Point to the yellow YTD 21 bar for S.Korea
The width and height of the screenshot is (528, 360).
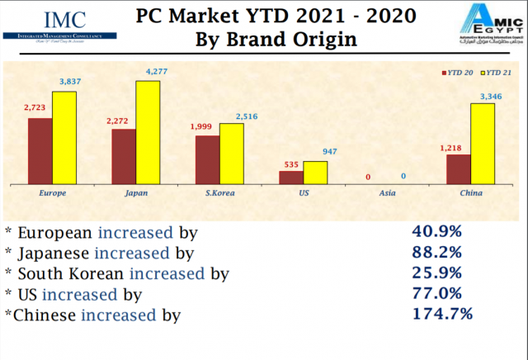[231, 153]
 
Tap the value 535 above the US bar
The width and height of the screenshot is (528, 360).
[291, 164]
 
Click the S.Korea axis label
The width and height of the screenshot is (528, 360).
[219, 194]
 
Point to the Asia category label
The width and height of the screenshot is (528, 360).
[386, 194]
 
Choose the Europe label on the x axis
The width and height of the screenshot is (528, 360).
[53, 194]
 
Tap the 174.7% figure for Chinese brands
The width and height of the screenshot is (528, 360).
[441, 313]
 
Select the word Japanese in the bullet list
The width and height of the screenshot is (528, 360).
[54, 253]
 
